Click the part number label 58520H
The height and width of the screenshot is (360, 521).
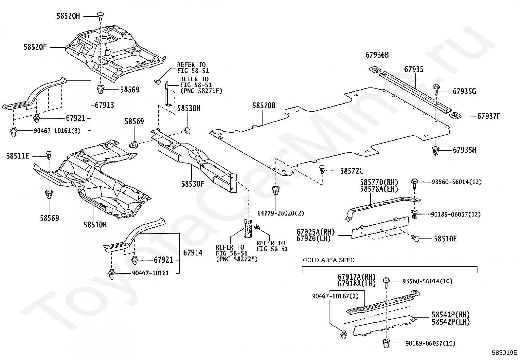tap(68, 16)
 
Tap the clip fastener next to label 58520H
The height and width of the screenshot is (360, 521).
tap(100, 16)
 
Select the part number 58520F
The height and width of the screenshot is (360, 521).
tap(35, 47)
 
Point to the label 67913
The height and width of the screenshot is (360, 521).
tap(104, 105)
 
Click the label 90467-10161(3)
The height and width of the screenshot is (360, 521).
tap(57, 131)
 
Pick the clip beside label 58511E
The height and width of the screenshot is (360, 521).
tap(49, 155)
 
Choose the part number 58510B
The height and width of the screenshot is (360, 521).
tap(95, 225)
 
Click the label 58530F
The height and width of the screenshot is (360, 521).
tap(192, 184)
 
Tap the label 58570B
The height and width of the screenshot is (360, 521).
tap(264, 106)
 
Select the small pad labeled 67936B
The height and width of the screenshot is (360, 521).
tap(375, 69)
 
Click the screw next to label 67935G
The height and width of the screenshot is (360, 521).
tap(436, 89)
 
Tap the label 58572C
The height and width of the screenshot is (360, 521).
tap(351, 171)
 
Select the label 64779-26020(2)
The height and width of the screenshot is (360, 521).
tap(281, 213)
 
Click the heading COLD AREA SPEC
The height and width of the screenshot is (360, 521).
tap(329, 260)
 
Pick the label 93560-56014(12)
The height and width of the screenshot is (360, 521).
tap(457, 182)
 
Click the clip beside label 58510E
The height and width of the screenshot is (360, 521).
tap(415, 238)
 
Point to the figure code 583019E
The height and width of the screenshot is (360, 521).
tap(504, 352)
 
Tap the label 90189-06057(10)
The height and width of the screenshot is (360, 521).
tap(430, 343)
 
